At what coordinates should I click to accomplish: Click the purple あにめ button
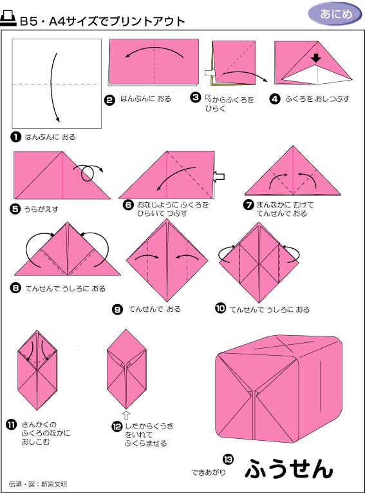336,14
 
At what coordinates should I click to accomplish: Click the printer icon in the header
10,20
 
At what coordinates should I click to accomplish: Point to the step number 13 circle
227,459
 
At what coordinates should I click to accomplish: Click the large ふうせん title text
289,469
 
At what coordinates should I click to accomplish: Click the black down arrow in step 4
315,59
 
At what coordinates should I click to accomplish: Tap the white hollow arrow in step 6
219,175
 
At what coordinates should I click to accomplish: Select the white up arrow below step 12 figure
126,415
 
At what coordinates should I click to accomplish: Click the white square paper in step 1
57,83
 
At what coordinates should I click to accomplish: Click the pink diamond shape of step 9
166,260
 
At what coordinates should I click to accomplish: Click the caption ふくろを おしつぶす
318,99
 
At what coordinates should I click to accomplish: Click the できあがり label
207,472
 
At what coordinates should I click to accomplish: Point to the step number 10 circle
221,309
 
